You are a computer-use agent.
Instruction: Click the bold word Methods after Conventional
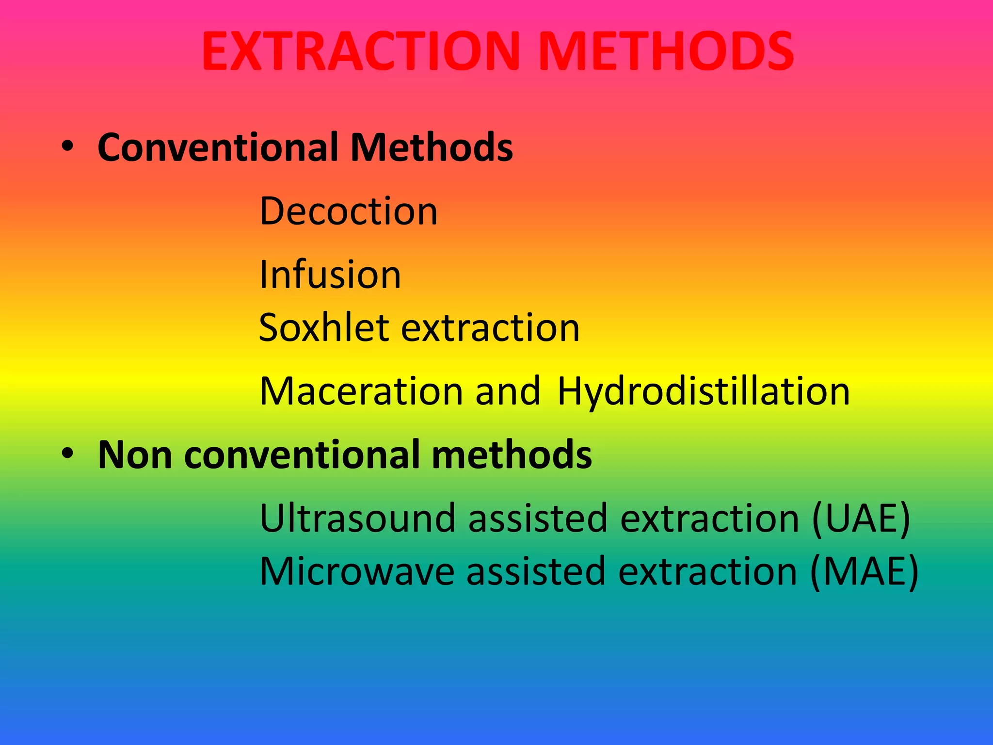point(432,147)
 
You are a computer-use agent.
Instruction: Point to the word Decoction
point(348,211)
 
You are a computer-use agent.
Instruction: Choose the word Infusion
point(330,275)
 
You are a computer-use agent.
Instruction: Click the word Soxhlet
point(324,328)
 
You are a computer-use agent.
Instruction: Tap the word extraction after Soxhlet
point(491,329)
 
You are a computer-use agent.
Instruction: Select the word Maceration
point(361,391)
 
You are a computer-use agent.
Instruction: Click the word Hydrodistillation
point(704,392)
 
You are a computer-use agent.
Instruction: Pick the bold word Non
point(135,455)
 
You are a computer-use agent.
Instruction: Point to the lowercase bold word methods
point(512,455)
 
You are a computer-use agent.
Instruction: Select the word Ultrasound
point(357,518)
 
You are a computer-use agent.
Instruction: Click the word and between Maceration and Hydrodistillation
point(508,391)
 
